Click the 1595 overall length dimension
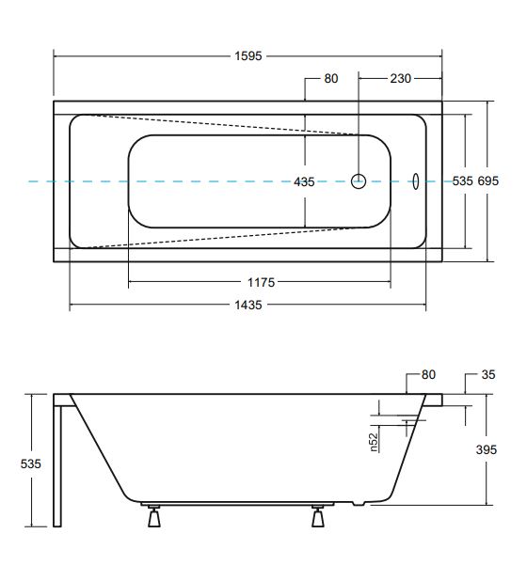point(248,56)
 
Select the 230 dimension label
point(400,79)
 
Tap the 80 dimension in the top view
point(330,79)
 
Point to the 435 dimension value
point(304,182)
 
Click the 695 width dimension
point(488,180)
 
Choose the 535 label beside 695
point(462,180)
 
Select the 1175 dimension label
point(262,282)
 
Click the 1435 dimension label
point(248,306)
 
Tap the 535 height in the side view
point(31,463)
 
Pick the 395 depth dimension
point(487,449)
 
